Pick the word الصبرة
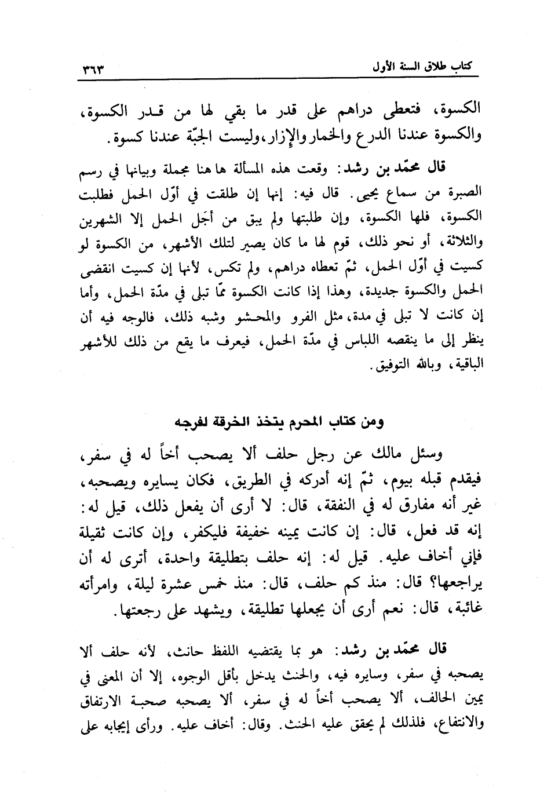coord(464,191)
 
